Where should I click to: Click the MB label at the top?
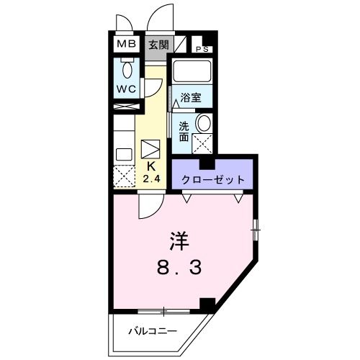tap(127, 44)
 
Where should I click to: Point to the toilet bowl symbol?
tap(127, 70)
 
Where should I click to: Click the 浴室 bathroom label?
tap(191, 97)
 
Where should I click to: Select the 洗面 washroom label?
tap(184, 130)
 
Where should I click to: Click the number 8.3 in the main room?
tap(180, 268)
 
